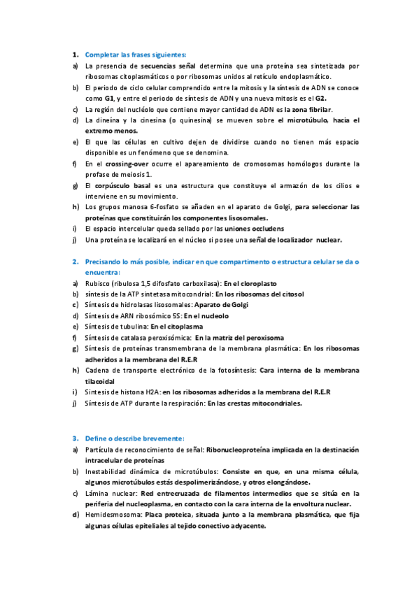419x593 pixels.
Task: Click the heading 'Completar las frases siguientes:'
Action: [136, 55]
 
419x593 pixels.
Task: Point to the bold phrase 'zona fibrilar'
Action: [311, 110]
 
